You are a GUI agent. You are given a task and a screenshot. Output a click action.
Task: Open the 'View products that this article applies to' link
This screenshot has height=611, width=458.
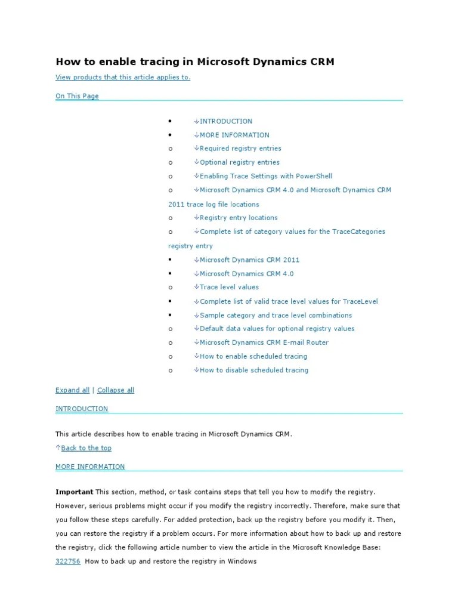point(123,78)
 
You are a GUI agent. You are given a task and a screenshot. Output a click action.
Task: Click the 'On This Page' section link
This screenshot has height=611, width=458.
point(77,96)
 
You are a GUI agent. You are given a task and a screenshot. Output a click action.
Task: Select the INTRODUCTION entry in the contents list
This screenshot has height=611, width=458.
point(225,121)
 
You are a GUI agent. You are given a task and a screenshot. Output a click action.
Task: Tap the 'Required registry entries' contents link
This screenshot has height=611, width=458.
point(240,149)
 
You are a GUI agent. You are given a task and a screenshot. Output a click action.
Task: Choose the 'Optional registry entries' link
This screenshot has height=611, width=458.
point(239,162)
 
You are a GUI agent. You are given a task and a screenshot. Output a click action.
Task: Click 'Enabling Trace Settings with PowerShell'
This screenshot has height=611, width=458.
point(265,176)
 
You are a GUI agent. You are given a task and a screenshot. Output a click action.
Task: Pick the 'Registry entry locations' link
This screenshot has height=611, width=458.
point(239,218)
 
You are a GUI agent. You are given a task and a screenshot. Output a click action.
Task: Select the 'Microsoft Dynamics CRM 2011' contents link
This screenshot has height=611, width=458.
point(249,260)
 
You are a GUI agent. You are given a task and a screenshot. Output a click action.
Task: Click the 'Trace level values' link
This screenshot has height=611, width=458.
point(229,287)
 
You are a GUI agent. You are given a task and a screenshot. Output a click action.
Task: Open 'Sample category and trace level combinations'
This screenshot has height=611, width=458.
point(276,315)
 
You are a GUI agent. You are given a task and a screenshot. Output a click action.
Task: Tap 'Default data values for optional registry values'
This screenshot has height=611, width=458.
point(277,329)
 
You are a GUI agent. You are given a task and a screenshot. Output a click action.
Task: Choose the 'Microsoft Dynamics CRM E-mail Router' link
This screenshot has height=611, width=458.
point(264,342)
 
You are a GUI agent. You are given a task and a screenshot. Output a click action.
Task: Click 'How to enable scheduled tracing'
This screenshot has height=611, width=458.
point(253,356)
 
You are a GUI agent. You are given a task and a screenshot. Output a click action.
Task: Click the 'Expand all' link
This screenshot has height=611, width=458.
point(72,390)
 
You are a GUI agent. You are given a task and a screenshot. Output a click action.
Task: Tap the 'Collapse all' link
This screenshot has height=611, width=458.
point(116,390)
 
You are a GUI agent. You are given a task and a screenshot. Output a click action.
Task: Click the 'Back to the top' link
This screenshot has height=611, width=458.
point(86,448)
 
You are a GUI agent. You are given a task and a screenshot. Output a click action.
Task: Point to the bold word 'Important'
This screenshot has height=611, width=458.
point(74,492)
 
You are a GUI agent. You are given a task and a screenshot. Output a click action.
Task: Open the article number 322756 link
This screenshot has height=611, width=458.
point(68,561)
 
